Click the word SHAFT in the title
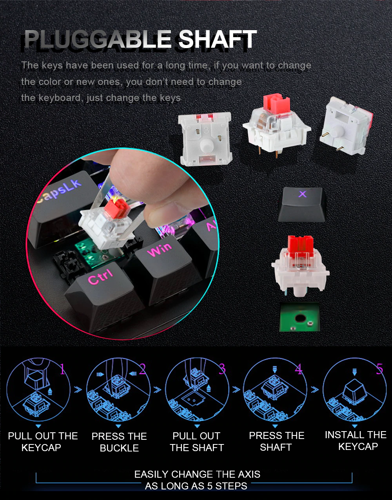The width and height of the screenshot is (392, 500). [217, 39]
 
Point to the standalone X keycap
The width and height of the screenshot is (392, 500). [302, 205]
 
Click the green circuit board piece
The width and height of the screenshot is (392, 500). [299, 317]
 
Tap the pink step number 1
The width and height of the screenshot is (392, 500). [62, 369]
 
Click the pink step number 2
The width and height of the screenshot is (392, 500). [142, 369]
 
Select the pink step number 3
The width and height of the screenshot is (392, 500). [222, 369]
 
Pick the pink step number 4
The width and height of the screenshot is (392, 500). [299, 369]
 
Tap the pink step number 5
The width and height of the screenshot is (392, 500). [379, 369]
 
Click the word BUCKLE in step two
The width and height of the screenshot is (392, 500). [120, 448]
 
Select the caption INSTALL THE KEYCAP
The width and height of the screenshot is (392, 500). [356, 441]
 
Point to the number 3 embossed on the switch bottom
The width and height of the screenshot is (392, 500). [206, 130]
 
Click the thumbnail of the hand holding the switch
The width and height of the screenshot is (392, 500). [123, 243]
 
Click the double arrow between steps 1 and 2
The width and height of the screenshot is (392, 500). [78, 390]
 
